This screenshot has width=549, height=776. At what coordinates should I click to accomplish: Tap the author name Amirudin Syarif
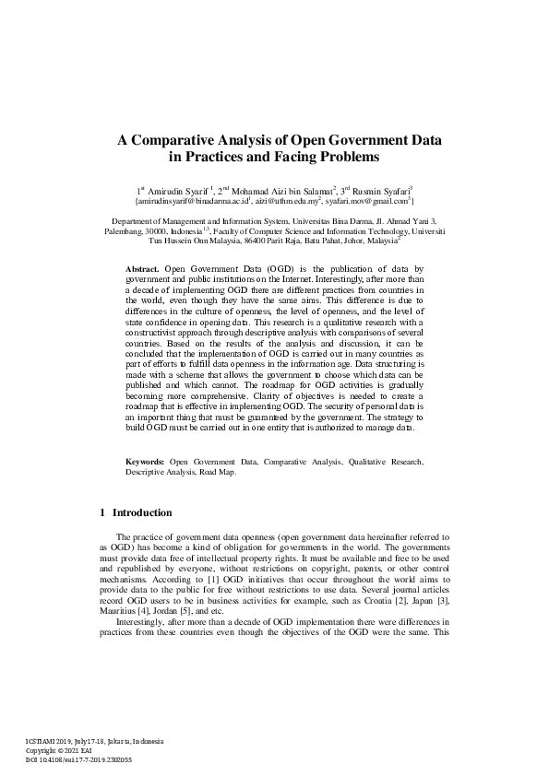click(176, 189)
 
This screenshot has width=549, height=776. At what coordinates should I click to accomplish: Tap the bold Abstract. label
click(142, 266)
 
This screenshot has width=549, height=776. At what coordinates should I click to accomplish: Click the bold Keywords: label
click(145, 461)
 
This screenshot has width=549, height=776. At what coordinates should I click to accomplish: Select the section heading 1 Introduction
click(135, 512)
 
